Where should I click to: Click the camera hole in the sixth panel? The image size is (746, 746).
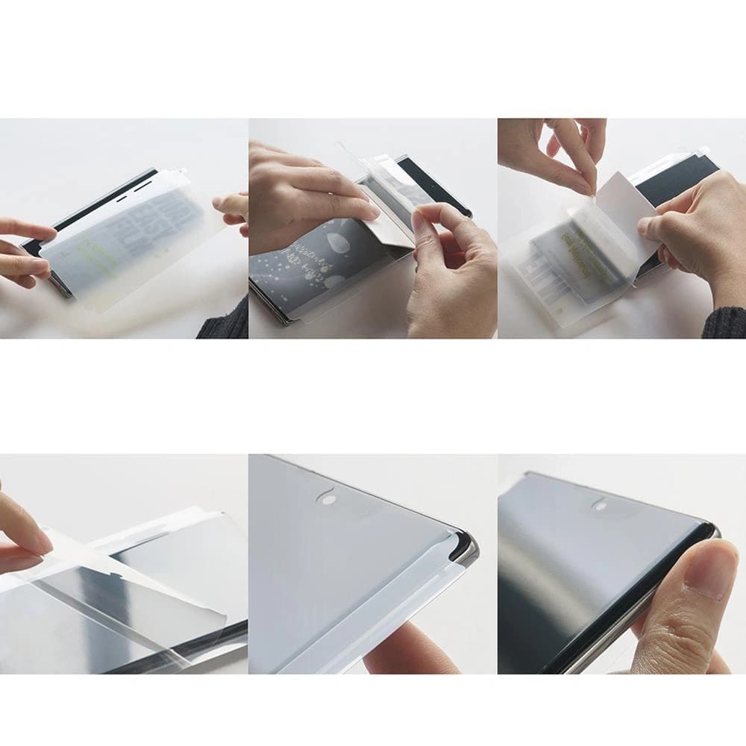600,504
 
